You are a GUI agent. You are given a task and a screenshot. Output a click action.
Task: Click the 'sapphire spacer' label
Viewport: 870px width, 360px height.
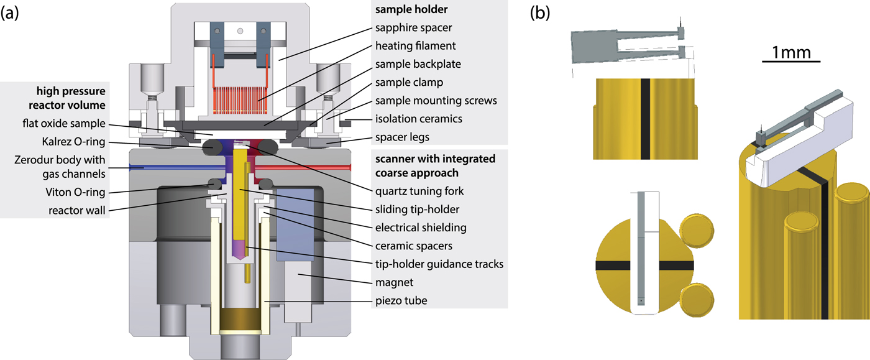pos(413,28)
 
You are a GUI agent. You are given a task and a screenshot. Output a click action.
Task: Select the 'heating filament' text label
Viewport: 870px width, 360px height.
pos(415,45)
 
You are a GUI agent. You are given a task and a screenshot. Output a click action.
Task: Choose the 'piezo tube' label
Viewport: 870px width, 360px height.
pos(401,300)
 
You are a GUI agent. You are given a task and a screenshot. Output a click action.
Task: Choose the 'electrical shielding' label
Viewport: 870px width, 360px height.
pos(420,228)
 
